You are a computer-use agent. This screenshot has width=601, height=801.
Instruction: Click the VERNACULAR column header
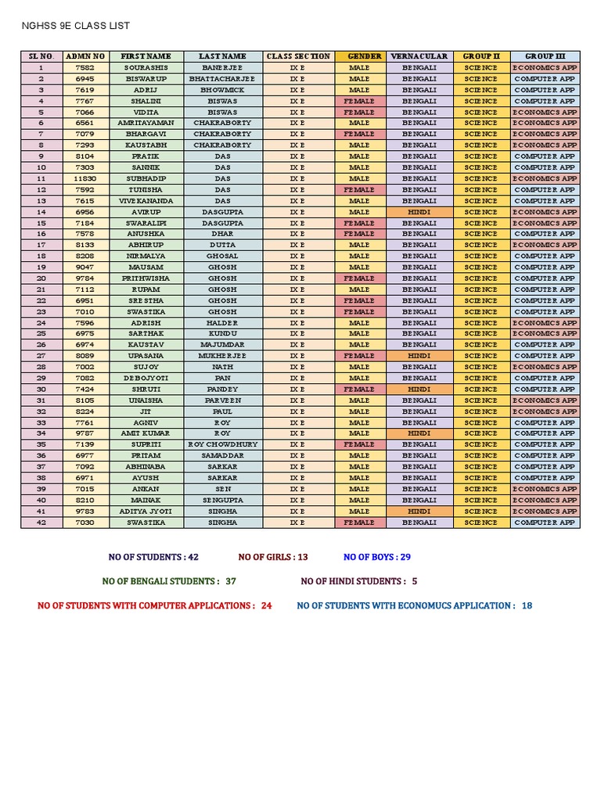pos(419,56)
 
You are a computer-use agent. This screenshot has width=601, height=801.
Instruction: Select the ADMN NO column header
pos(85,56)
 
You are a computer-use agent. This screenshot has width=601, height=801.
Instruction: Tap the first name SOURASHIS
pos(146,68)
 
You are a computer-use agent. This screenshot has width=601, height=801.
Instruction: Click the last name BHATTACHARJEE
pos(222,79)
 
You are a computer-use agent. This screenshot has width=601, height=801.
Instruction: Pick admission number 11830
pos(85,178)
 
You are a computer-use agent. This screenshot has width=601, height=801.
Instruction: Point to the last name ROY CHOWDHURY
pos(222,444)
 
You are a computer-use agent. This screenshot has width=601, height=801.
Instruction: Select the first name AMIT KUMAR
pos(146,433)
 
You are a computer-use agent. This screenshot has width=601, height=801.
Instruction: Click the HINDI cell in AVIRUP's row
pos(419,212)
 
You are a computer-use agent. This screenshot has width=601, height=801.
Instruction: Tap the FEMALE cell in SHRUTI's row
pos(359,389)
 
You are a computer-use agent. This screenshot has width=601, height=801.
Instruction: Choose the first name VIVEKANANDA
pos(146,201)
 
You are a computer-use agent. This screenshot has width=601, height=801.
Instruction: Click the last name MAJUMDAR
pos(222,345)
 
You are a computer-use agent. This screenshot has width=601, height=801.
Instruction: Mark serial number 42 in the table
pos(41,523)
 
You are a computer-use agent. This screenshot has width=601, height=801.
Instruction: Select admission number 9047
pos(85,268)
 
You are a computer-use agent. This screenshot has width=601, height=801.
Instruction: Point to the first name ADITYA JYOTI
pos(146,512)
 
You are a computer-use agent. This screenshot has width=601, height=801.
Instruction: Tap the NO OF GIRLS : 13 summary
pos(273,557)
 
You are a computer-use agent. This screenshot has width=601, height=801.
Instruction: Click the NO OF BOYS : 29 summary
pos(377,557)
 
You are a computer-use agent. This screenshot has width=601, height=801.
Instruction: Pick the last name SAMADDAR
pos(222,455)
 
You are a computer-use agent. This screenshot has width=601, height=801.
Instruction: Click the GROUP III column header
pos(545,56)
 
